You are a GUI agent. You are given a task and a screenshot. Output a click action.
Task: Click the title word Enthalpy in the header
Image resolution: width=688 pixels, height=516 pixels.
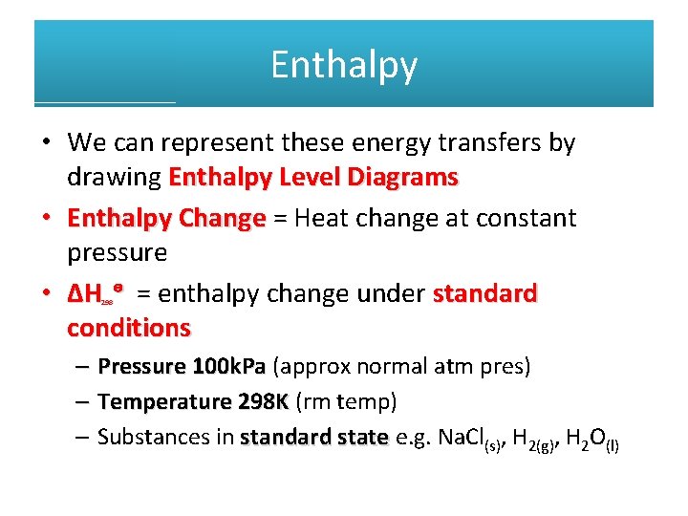[344, 65]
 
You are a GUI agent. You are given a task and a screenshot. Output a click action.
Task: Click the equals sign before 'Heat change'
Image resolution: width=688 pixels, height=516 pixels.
[280, 218]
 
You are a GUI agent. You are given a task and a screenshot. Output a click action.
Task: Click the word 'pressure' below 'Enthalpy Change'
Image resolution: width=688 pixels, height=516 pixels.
[117, 253]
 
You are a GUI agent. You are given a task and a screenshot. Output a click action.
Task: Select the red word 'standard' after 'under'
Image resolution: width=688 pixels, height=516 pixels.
[484, 293]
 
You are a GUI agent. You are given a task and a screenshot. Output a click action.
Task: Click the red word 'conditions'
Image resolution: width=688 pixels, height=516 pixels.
[129, 328]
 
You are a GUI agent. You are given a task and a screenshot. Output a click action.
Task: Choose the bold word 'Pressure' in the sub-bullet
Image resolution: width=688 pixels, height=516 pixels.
[141, 366]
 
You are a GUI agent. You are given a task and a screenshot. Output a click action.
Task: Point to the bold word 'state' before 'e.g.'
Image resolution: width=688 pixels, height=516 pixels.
[363, 438]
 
